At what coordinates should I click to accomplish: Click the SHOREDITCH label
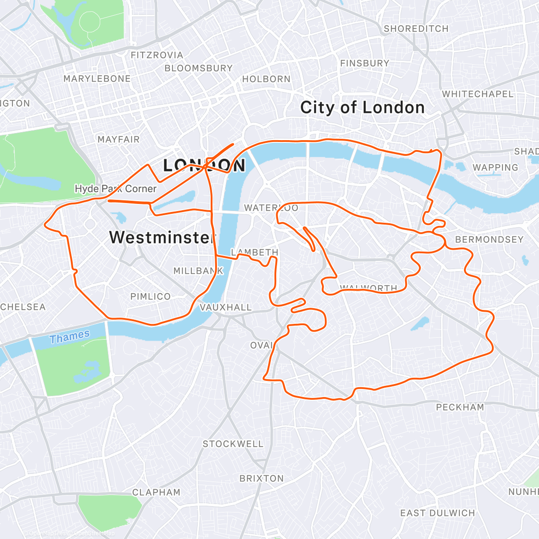tap(416, 29)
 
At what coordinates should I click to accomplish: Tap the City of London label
tap(362, 108)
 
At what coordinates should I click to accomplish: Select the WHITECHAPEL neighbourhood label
tap(477, 94)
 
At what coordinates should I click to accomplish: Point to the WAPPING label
tap(495, 168)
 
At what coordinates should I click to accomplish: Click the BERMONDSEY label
tap(489, 239)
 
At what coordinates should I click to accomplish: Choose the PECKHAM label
tap(460, 407)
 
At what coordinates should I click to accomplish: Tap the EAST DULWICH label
tap(437, 513)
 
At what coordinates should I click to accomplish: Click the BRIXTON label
tap(261, 478)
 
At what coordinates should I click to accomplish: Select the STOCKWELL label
tap(233, 444)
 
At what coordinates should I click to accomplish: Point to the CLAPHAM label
tap(156, 492)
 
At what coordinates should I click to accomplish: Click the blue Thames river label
tap(70, 336)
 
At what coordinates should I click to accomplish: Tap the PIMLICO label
tap(150, 296)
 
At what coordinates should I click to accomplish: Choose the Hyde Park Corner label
tap(115, 189)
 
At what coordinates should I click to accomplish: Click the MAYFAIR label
tap(119, 139)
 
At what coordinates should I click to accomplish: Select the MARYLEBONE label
tap(97, 79)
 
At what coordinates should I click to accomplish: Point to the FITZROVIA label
tap(157, 55)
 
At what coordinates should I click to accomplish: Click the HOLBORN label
tap(266, 79)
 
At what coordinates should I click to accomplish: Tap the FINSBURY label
tap(364, 63)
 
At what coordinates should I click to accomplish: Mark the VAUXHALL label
tap(225, 307)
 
